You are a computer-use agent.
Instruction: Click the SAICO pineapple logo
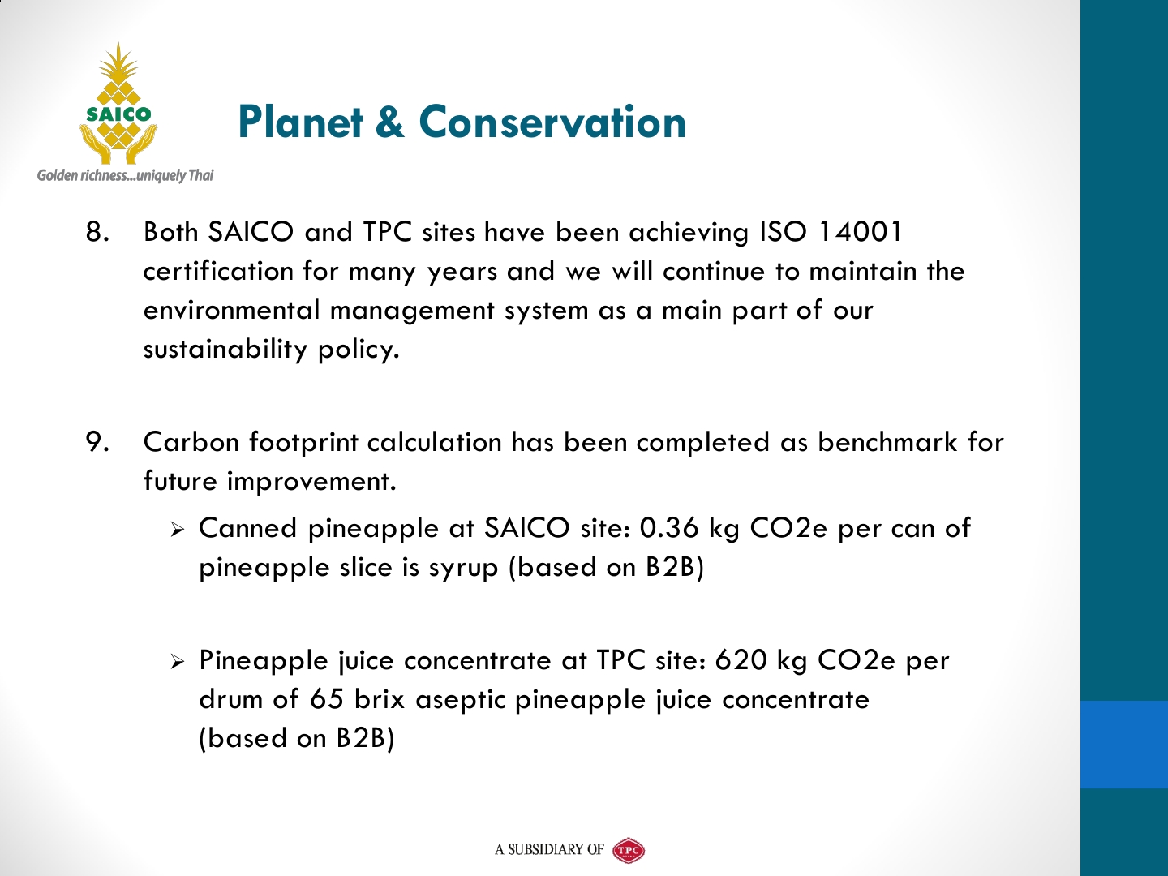[118, 104]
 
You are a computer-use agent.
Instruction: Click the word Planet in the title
[300, 122]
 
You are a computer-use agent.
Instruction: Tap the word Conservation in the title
[552, 122]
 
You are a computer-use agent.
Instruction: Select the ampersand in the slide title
[389, 122]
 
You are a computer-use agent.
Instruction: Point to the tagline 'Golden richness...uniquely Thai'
[125, 175]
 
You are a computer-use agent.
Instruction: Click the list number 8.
[97, 232]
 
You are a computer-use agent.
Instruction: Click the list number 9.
[97, 442]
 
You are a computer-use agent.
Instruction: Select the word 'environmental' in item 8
[231, 310]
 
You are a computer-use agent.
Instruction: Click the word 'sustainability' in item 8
[225, 350]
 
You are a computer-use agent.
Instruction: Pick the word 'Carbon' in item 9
[191, 442]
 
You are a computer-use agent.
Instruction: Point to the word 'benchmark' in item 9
[887, 442]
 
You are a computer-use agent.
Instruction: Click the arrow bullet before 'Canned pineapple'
[177, 530]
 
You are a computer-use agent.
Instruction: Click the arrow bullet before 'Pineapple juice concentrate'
[177, 662]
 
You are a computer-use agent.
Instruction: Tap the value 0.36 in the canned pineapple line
[668, 528]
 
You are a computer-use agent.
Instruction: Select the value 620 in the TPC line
[741, 660]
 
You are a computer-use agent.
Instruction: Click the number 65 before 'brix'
[327, 699]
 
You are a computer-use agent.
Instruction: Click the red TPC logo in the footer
[629, 849]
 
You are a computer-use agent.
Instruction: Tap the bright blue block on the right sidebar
[1124, 744]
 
